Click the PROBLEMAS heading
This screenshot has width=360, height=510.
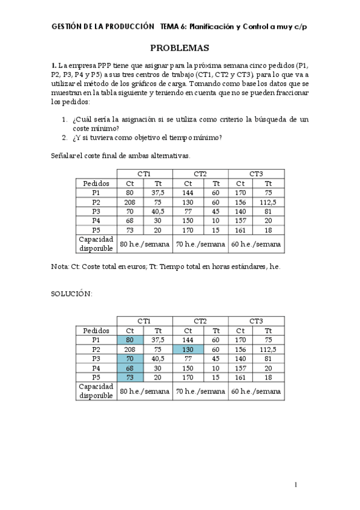179,48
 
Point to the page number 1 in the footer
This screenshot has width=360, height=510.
296,484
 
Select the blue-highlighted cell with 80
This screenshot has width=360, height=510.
129,340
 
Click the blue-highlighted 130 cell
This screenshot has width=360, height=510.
188,349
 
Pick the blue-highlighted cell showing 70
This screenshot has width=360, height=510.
129,358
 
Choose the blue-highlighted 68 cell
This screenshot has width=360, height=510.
129,368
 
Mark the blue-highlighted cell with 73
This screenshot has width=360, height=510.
129,377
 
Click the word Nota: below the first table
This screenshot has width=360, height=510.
61,265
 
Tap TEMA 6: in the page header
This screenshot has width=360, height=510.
173,26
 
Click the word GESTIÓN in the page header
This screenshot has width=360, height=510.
67,26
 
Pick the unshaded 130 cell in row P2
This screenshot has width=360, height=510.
188,202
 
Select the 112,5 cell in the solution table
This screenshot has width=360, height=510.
268,349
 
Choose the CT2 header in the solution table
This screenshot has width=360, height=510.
200,322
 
